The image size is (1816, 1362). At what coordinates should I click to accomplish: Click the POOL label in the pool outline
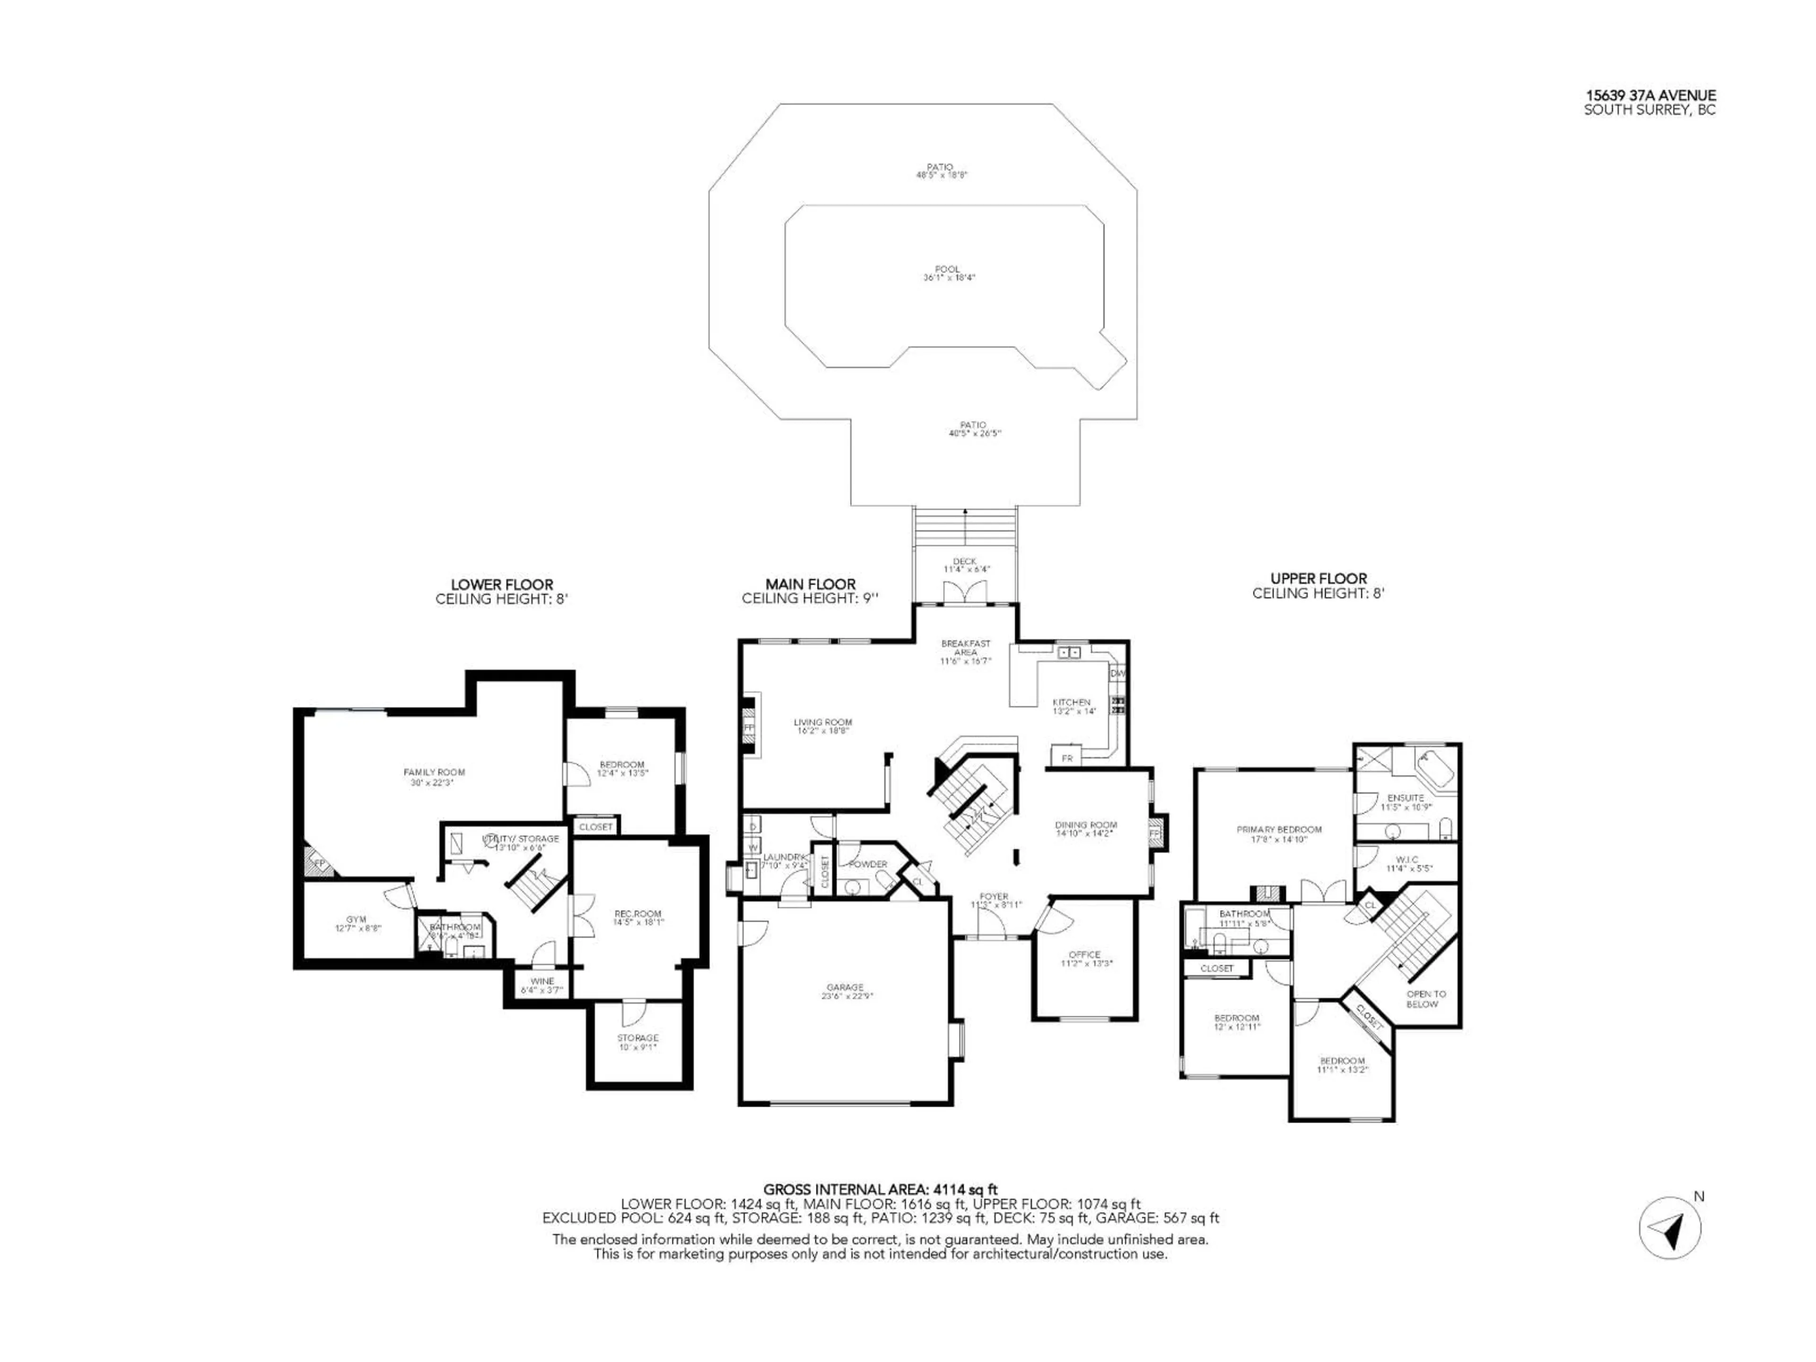click(947, 269)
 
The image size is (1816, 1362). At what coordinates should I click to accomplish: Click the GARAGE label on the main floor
click(845, 987)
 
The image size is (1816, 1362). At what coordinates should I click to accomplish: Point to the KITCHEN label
click(1071, 703)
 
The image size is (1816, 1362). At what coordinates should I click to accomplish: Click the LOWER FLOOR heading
click(502, 585)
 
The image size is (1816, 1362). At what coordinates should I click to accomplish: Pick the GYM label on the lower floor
click(356, 919)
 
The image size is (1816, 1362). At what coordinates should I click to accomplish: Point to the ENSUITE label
click(1406, 798)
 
